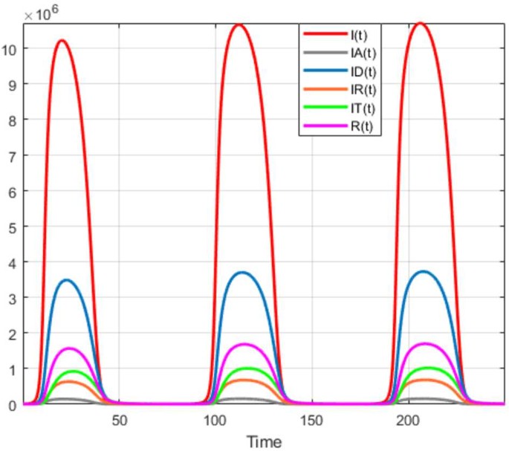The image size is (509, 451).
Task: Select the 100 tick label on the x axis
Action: [x=215, y=420]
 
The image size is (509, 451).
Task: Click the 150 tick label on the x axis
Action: [x=312, y=420]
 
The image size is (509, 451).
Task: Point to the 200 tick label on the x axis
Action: [x=408, y=420]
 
